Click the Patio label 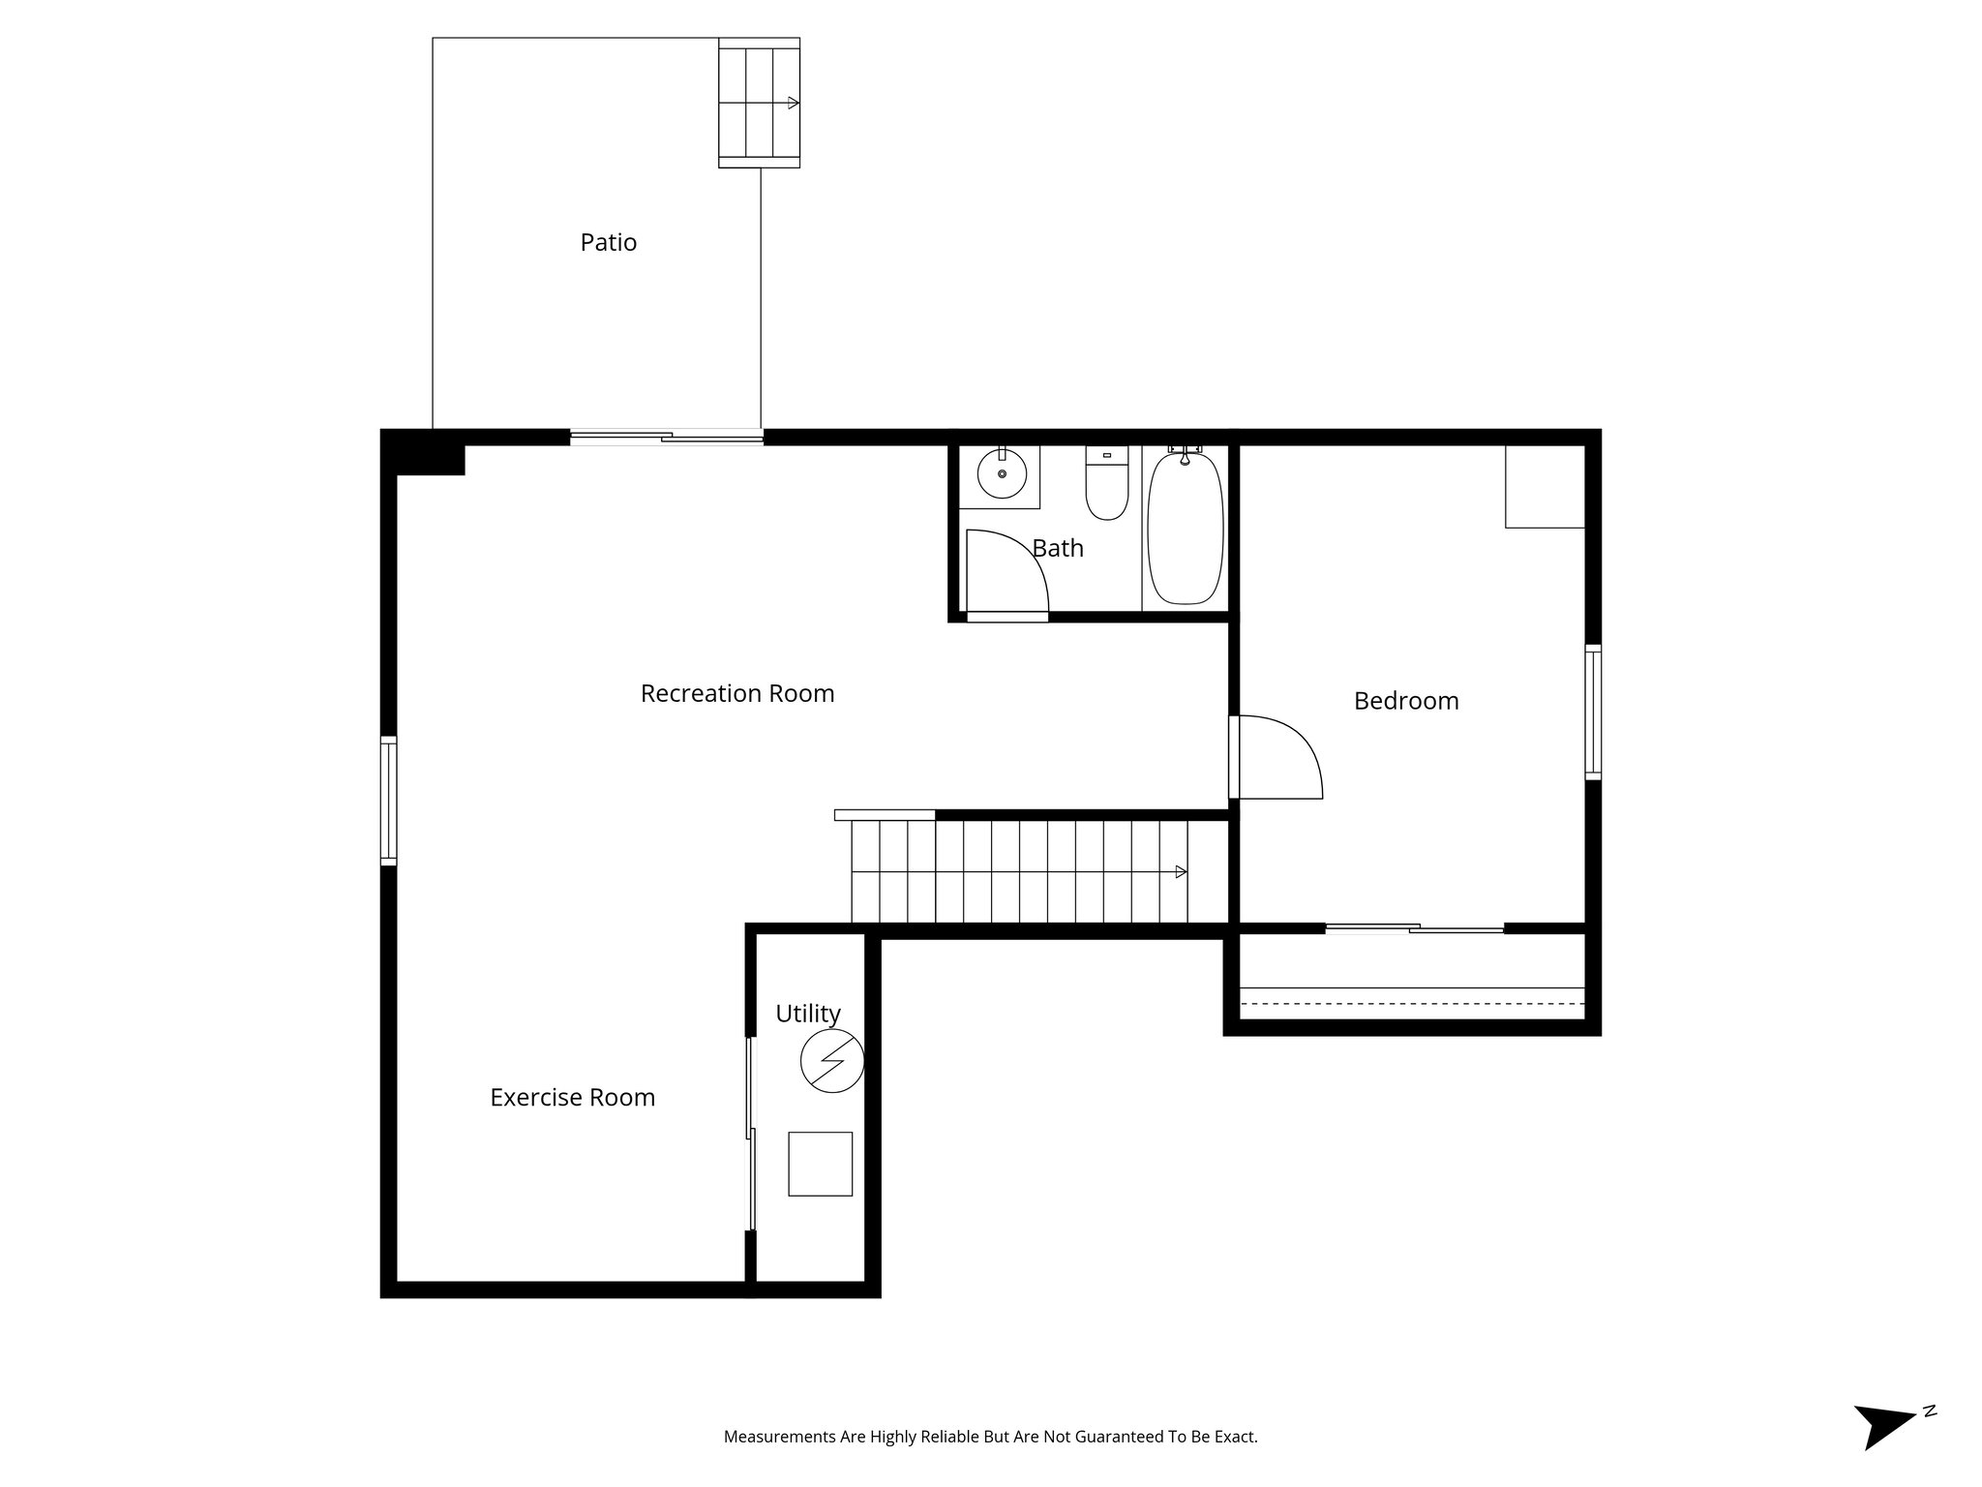(608, 242)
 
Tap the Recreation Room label (736, 693)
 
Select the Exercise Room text (572, 1097)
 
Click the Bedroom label (1405, 701)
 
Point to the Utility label (807, 1014)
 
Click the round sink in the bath (1001, 473)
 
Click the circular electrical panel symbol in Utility (831, 1062)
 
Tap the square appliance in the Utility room (820, 1164)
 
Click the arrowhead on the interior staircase (1181, 872)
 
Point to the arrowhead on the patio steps (794, 103)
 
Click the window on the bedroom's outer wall (1592, 712)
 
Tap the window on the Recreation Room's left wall (388, 800)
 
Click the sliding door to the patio (666, 438)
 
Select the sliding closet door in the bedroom (1414, 929)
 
